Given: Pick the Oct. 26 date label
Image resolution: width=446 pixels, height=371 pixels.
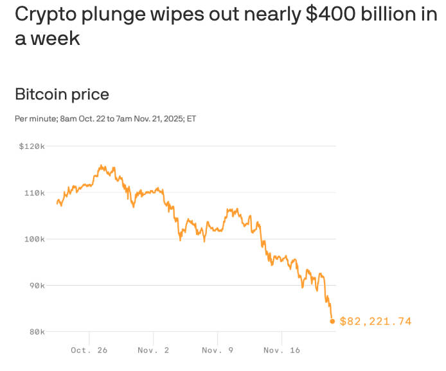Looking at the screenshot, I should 89,350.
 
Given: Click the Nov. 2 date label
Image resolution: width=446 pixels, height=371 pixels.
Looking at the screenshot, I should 153,350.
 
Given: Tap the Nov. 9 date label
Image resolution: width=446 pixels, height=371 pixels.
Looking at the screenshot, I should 217,350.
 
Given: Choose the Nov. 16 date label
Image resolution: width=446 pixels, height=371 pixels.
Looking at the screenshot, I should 281,350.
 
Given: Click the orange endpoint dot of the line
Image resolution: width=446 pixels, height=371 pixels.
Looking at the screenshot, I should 332,321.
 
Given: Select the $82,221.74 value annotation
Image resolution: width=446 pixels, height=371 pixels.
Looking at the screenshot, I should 375,322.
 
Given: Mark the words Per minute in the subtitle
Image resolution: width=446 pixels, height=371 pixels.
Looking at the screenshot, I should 35,119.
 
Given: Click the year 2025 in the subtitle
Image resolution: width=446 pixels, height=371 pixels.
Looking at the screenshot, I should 168,119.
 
